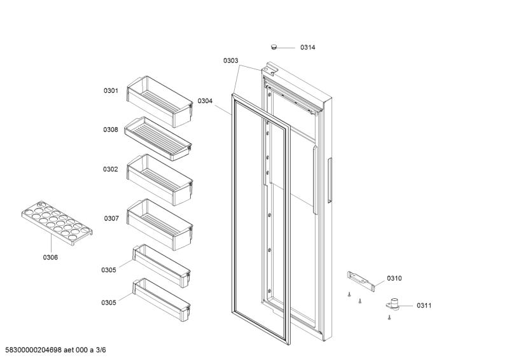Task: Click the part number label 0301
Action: (111, 91)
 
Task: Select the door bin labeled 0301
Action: (160, 98)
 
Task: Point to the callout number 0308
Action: (111, 130)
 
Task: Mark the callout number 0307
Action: (111, 218)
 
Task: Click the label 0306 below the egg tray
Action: (50, 257)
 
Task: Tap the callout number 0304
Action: (205, 100)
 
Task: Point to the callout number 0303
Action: (230, 61)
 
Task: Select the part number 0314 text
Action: (308, 48)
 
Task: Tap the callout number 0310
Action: (394, 279)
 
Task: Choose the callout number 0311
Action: (424, 306)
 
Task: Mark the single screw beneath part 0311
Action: (388, 317)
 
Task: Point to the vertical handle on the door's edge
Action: (330, 181)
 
